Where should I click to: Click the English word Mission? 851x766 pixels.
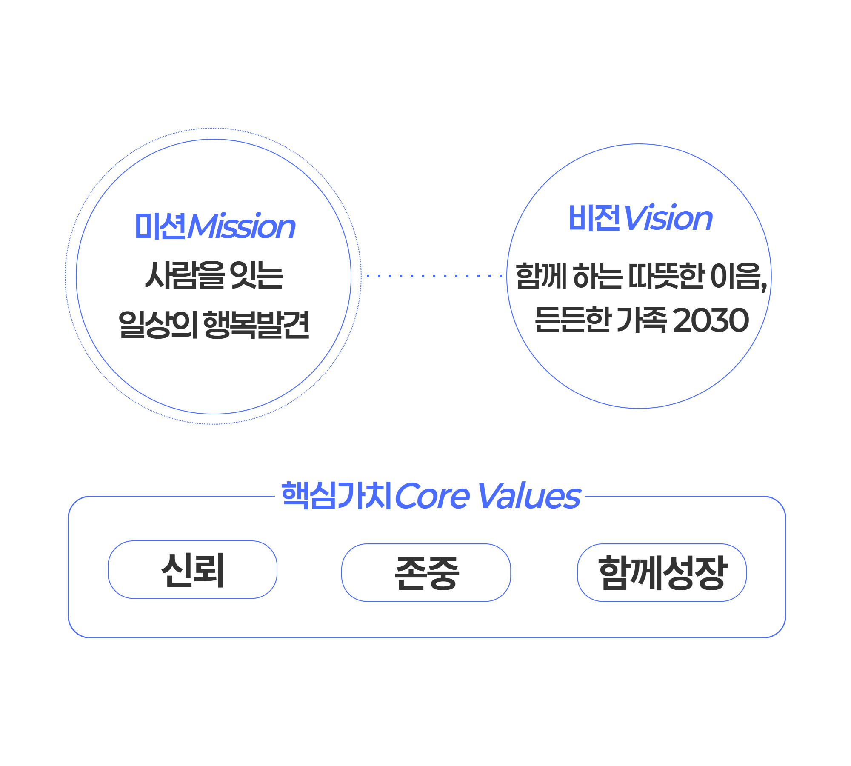point(242,227)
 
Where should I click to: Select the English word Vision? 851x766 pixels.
point(668,218)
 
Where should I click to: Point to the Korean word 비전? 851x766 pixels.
point(594,218)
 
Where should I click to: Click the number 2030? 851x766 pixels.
point(711,320)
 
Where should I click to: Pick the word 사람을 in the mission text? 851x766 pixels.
point(185,275)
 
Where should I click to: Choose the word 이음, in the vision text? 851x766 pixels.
point(739,276)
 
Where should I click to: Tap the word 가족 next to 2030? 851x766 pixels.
point(641,320)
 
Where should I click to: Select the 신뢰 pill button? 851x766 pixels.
point(192,570)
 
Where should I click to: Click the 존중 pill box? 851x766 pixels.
point(426,573)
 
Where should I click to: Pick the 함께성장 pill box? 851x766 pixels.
point(662,573)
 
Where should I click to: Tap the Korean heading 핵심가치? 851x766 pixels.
point(336,496)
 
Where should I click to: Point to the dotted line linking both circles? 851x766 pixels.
point(434,276)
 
